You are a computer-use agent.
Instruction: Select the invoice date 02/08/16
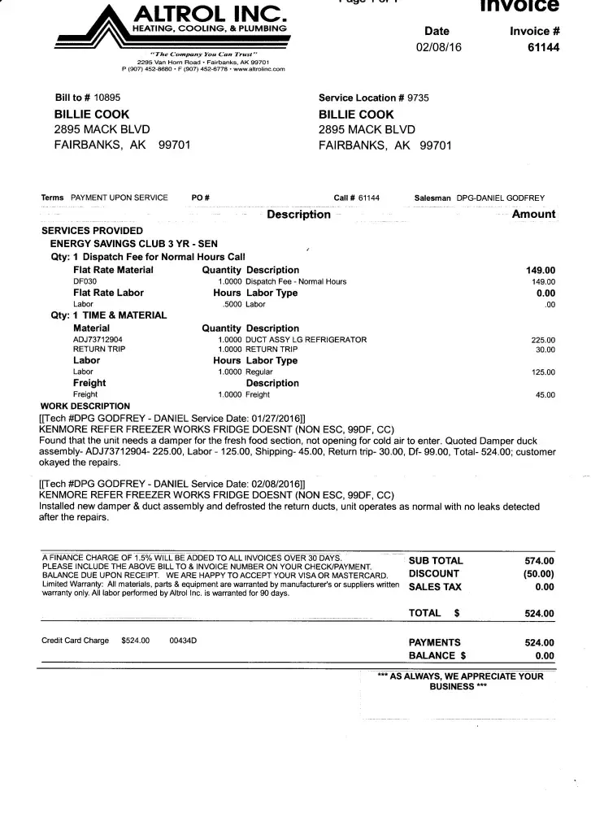(x=437, y=47)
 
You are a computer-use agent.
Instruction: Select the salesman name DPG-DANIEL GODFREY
(x=501, y=198)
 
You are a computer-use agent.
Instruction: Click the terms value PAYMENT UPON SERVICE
(x=120, y=198)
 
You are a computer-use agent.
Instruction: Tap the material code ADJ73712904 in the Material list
(x=101, y=339)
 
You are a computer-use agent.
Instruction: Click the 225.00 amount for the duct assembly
(x=542, y=340)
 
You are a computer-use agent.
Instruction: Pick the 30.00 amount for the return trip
(x=545, y=350)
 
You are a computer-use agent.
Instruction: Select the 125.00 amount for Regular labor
(x=542, y=372)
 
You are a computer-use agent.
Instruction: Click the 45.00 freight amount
(x=545, y=395)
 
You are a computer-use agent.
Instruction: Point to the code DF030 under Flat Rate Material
(x=85, y=281)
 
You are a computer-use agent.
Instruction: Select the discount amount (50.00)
(x=538, y=573)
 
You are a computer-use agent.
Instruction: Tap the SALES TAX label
(x=435, y=586)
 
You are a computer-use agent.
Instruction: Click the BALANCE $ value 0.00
(x=545, y=655)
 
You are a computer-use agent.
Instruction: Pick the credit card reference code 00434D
(x=183, y=641)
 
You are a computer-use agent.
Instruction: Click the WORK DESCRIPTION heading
(x=85, y=406)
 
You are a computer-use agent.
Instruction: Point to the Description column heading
(x=298, y=215)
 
